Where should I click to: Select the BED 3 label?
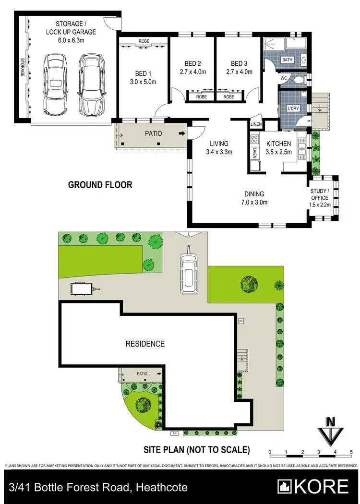click(x=239, y=64)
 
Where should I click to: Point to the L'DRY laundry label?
click(x=293, y=109)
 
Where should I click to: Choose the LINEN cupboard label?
click(x=256, y=125)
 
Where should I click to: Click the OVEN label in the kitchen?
click(x=254, y=153)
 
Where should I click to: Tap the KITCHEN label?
click(x=278, y=144)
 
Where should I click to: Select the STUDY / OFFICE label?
click(x=320, y=194)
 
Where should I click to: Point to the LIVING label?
click(x=218, y=144)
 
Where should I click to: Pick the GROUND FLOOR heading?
click(x=100, y=185)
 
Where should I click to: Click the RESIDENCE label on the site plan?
click(x=145, y=344)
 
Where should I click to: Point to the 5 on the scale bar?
click(x=351, y=452)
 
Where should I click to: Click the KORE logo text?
click(x=322, y=487)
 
